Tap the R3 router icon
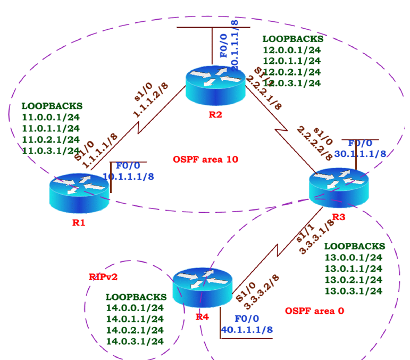[338, 187]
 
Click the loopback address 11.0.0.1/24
[51, 117]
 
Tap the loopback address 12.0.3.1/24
[292, 83]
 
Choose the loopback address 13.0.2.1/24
[353, 280]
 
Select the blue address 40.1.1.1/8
[247, 330]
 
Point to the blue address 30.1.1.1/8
[360, 154]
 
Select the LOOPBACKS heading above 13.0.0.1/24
[354, 246]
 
